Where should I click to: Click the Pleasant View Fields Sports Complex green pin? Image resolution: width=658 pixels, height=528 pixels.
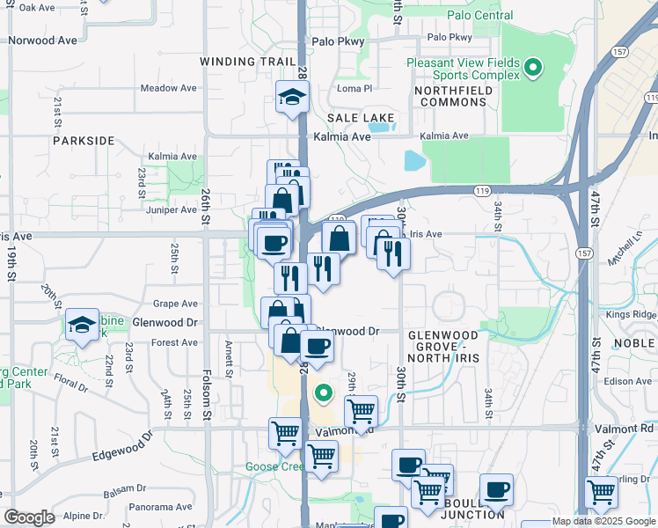(532, 68)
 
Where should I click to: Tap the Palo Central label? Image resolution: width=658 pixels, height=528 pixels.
(479, 15)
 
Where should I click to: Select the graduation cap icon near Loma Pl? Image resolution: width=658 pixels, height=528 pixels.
(291, 97)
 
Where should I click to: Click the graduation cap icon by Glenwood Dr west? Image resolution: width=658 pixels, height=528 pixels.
(83, 326)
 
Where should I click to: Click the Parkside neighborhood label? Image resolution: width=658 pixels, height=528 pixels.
(84, 141)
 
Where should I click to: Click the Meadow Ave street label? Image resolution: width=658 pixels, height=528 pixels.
(168, 88)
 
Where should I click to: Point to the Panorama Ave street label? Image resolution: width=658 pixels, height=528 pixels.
(159, 507)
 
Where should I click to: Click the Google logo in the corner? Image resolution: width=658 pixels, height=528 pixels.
(29, 517)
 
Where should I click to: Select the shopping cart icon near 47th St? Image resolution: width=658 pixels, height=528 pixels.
(602, 491)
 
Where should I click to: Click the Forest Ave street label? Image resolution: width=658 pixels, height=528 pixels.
(175, 342)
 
